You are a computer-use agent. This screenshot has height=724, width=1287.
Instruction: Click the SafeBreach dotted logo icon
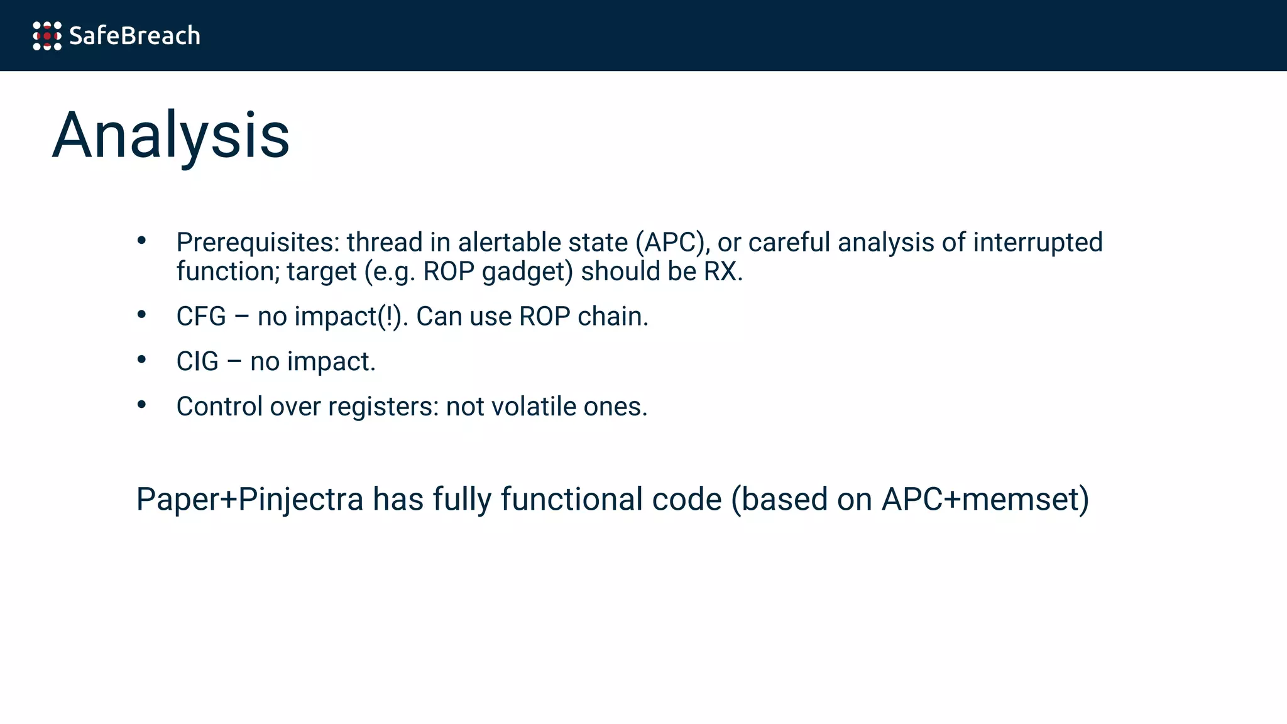point(47,36)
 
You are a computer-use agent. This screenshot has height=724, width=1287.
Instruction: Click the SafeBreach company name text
point(134,36)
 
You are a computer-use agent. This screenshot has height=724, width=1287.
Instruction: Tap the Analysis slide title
point(171,136)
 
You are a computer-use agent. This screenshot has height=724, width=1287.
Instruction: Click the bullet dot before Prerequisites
point(141,240)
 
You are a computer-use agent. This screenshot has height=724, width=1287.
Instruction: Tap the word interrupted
point(1038,243)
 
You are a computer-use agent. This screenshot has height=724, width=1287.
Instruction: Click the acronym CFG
point(201,317)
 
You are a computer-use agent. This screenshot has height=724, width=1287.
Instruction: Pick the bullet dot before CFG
point(141,314)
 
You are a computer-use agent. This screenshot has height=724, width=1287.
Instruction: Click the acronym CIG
point(197,362)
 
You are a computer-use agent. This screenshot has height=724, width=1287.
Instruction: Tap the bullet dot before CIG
point(141,359)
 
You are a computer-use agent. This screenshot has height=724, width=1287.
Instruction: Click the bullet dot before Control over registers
point(141,405)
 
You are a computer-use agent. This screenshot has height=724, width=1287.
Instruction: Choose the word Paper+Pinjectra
point(250,500)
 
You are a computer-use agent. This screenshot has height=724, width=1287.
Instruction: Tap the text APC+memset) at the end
point(985,500)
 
